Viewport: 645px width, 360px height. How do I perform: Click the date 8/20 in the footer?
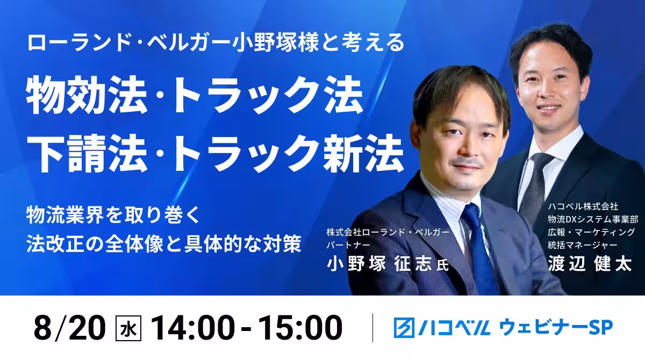click(x=69, y=328)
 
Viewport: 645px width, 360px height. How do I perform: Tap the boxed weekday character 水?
click(x=128, y=328)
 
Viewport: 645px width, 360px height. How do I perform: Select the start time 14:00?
click(x=192, y=328)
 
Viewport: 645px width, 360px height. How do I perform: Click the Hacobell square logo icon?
click(x=404, y=327)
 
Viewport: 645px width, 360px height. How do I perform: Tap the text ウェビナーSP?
click(x=555, y=327)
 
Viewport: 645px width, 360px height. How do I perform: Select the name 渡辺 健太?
click(x=590, y=263)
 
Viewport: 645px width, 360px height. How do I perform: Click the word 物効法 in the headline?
click(x=87, y=95)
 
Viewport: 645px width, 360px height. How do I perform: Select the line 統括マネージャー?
click(x=583, y=244)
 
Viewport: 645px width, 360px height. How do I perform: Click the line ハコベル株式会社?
click(x=583, y=206)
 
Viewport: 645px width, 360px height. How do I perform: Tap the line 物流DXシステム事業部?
click(x=593, y=219)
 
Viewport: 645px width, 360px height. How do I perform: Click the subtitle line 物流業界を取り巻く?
click(x=113, y=215)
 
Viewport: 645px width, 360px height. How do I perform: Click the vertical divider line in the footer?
click(x=372, y=328)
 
